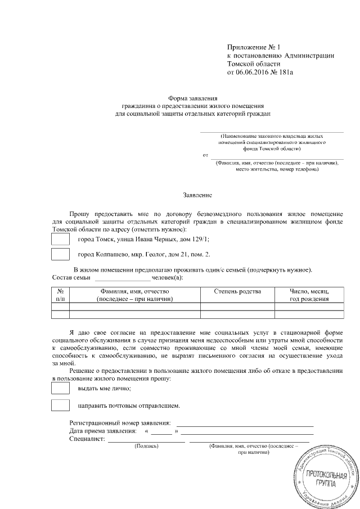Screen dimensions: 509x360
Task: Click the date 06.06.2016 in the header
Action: click(251, 73)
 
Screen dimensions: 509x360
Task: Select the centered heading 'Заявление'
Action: click(197, 195)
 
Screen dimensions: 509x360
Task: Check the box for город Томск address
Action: click(60, 239)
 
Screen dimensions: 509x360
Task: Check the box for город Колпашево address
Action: click(60, 254)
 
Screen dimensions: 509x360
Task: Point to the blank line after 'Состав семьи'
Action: click(122, 278)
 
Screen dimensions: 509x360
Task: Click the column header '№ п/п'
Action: click(60, 295)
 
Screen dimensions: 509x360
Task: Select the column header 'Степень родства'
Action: click(237, 291)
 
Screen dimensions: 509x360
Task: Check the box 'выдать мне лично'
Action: click(60, 388)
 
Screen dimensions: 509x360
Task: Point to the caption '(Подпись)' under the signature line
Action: click(147, 445)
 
